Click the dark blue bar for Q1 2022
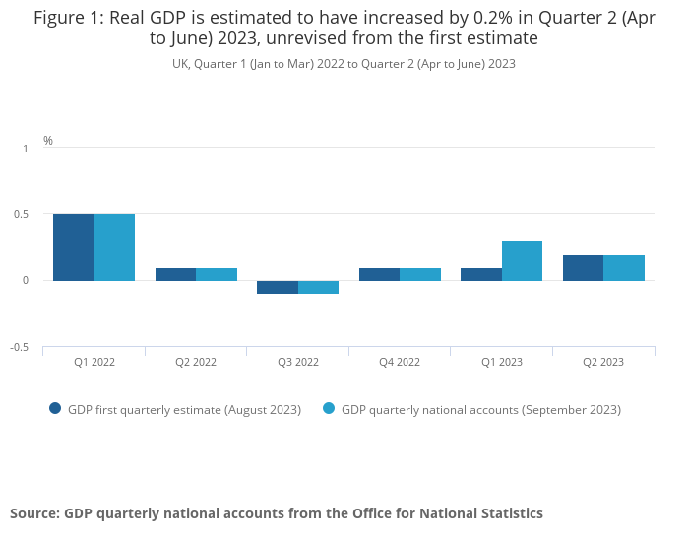74,248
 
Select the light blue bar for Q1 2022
114,248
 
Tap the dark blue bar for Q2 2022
175,274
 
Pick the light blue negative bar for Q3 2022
318,287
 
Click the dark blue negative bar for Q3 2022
278,287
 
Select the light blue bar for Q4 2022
420,274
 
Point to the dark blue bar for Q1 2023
481,274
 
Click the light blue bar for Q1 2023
522,261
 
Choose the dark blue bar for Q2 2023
583,268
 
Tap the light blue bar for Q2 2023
624,268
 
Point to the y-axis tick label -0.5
20,348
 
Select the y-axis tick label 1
26,149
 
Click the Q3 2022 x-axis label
298,362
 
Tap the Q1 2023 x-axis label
502,362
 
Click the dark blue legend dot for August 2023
55,409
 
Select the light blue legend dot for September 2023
329,409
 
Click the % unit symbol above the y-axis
48,141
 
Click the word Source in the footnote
33,513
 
